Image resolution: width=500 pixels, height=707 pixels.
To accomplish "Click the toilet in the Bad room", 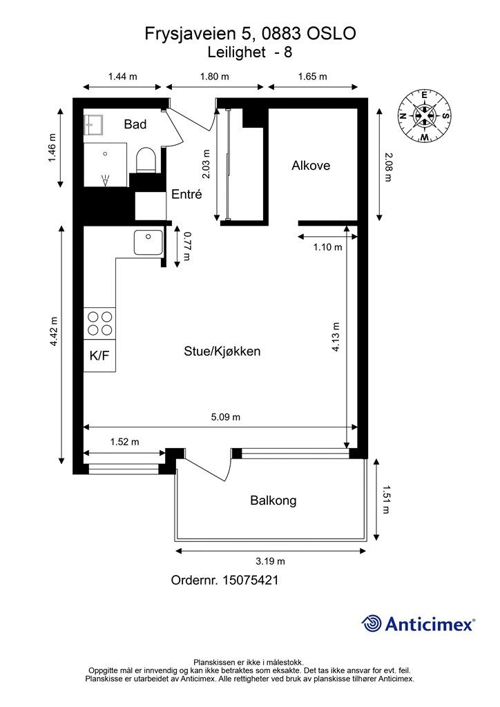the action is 146,160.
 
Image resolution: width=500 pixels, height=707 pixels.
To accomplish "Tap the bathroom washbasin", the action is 93,124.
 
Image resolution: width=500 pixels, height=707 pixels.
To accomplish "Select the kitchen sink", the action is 148,242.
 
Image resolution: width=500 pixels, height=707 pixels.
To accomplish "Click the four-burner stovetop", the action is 99,323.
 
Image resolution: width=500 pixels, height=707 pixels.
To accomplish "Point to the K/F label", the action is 99,356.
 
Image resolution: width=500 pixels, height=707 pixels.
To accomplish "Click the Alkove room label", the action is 311,166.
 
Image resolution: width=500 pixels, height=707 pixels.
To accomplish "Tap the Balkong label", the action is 273,501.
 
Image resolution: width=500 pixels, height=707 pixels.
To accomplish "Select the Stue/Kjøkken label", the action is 222,351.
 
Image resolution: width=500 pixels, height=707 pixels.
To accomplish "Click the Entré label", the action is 186,194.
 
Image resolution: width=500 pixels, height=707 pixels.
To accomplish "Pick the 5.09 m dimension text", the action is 225,417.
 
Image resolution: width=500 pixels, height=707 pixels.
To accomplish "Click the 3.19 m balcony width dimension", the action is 271,561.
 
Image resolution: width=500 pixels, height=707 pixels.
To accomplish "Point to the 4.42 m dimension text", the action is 54,331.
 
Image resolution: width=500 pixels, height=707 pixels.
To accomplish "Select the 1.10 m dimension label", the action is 328,247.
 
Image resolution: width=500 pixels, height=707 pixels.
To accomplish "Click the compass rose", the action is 424,116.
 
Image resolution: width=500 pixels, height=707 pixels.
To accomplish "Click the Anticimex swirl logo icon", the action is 372,623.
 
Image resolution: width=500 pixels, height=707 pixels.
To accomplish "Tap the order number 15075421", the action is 250,580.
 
